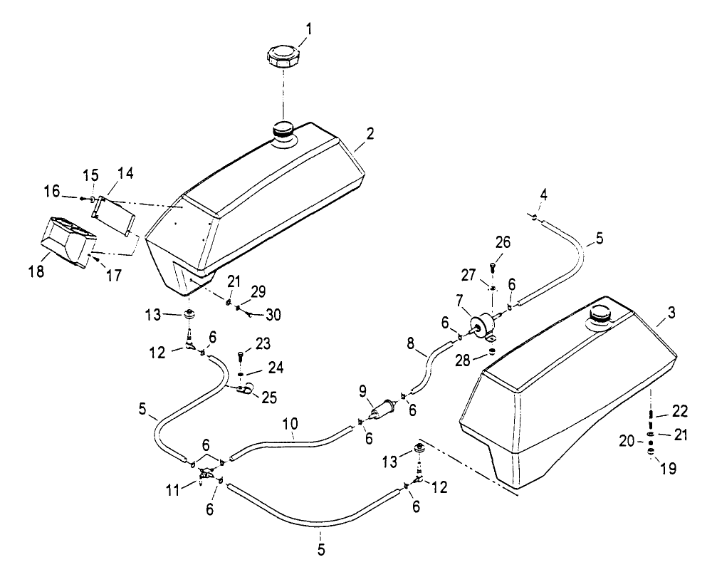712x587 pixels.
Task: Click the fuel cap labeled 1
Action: (x=283, y=57)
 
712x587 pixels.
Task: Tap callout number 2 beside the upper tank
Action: (x=370, y=134)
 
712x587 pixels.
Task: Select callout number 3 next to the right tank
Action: (x=671, y=313)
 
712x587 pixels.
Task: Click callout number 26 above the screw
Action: (x=503, y=242)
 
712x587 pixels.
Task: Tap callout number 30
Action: (x=273, y=314)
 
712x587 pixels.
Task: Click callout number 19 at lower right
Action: (x=668, y=468)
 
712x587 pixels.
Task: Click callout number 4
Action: (x=543, y=195)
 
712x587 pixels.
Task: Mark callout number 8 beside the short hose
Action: (x=411, y=344)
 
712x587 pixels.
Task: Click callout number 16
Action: (x=52, y=192)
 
